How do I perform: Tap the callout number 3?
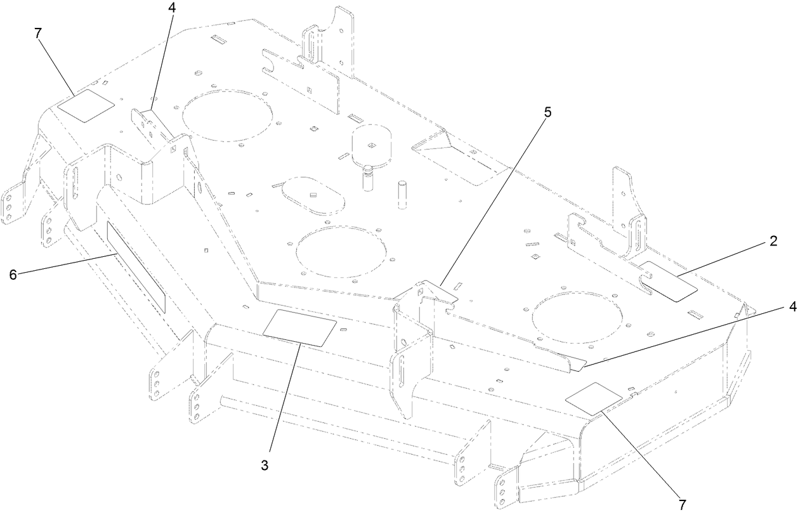(265, 465)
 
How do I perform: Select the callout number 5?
(547, 112)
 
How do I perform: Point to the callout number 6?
(13, 274)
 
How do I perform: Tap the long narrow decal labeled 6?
(135, 267)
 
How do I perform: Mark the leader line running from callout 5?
(492, 203)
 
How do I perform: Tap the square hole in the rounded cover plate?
(372, 143)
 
